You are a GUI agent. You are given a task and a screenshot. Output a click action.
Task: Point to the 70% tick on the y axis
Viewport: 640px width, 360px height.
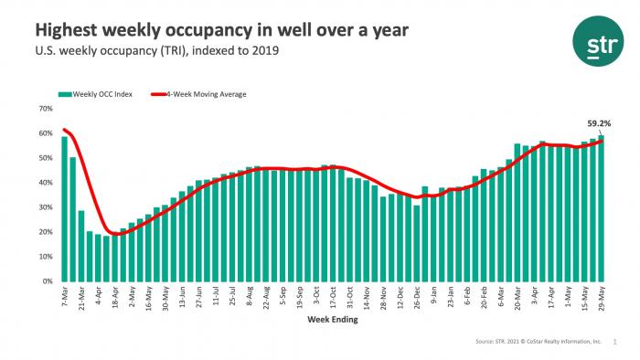tap(45, 109)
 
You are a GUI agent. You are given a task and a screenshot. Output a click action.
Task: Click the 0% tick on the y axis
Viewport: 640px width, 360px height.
tap(47, 281)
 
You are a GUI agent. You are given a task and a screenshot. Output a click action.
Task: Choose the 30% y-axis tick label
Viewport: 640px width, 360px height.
tap(45, 207)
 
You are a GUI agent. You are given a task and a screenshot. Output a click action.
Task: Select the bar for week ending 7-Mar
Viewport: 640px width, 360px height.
tap(64, 209)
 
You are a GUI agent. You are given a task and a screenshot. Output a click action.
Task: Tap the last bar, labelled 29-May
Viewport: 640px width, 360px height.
tap(601, 208)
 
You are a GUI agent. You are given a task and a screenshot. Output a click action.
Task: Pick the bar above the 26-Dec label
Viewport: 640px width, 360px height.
tap(417, 243)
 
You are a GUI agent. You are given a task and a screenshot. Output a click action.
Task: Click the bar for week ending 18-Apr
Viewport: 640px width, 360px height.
tap(114, 259)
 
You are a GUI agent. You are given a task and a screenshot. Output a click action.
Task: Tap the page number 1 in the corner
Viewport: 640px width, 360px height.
tap(614, 343)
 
